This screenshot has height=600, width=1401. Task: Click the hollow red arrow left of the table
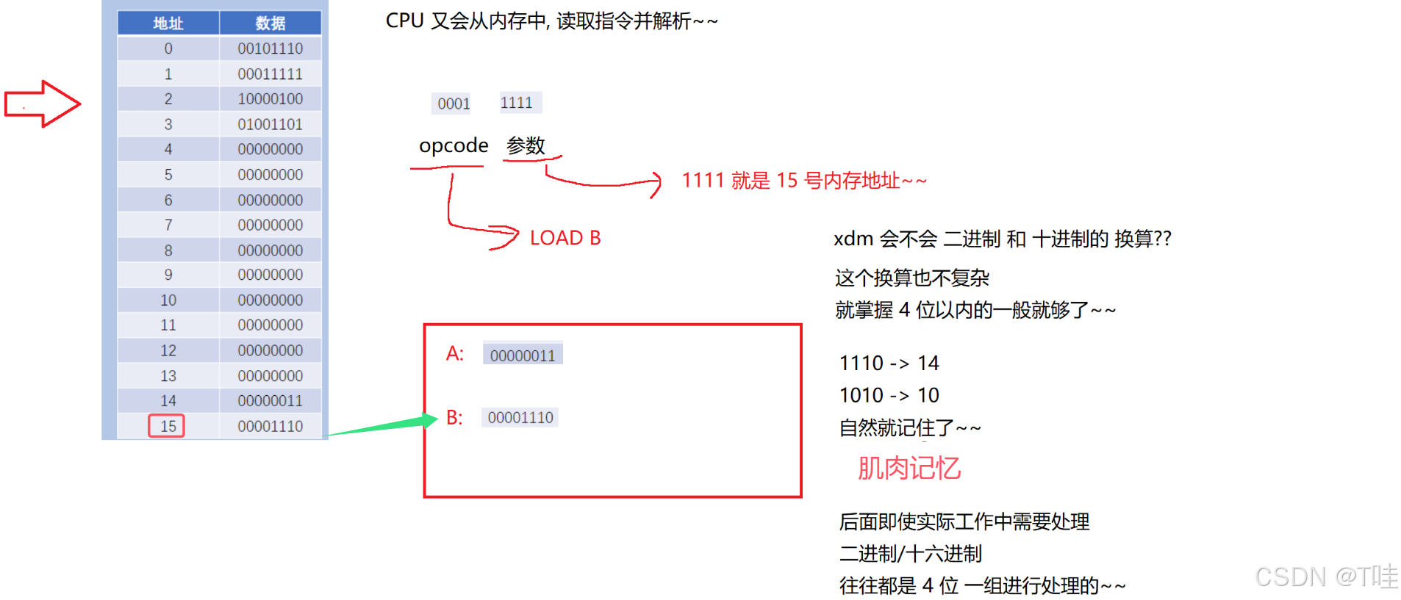pyautogui.click(x=42, y=104)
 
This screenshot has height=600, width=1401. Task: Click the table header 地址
pyautogui.click(x=168, y=24)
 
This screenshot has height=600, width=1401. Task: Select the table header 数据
pyautogui.click(x=270, y=24)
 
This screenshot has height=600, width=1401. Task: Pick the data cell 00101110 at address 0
pyautogui.click(x=270, y=48)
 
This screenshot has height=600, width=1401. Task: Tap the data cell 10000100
pyautogui.click(x=270, y=98)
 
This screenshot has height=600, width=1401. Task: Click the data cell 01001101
pyautogui.click(x=270, y=124)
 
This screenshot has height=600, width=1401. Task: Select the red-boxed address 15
pyautogui.click(x=168, y=426)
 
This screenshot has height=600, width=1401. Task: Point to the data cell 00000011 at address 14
pyautogui.click(x=270, y=401)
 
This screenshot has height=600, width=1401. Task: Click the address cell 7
pyautogui.click(x=168, y=225)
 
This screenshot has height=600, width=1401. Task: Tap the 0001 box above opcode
pyautogui.click(x=454, y=104)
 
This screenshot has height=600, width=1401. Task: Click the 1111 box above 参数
pyautogui.click(x=517, y=103)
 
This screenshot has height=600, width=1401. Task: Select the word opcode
pyautogui.click(x=454, y=145)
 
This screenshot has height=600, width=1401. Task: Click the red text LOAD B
pyautogui.click(x=565, y=238)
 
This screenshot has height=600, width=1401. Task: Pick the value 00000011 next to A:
pyautogui.click(x=523, y=355)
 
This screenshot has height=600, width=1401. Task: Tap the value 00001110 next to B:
pyautogui.click(x=520, y=418)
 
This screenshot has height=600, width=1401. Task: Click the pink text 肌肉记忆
pyautogui.click(x=909, y=468)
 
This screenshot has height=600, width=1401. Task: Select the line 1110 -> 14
pyautogui.click(x=889, y=363)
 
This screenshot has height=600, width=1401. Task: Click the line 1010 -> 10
pyautogui.click(x=889, y=395)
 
